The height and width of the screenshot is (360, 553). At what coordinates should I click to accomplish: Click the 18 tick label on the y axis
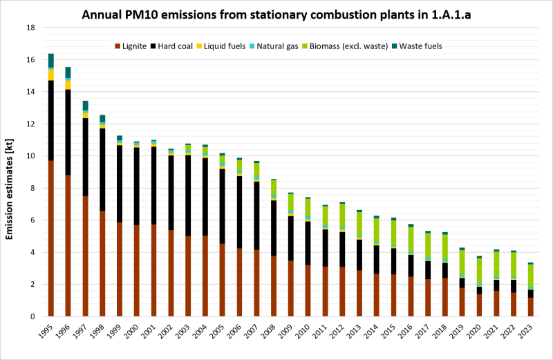coord(30,28)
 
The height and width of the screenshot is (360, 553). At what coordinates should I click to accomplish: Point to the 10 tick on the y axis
coord(30,156)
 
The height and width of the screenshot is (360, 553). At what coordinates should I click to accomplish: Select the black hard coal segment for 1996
coord(68,132)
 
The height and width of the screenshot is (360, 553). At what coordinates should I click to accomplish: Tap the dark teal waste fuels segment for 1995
coord(51,60)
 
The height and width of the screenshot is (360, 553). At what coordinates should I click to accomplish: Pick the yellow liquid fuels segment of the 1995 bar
coord(51,75)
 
